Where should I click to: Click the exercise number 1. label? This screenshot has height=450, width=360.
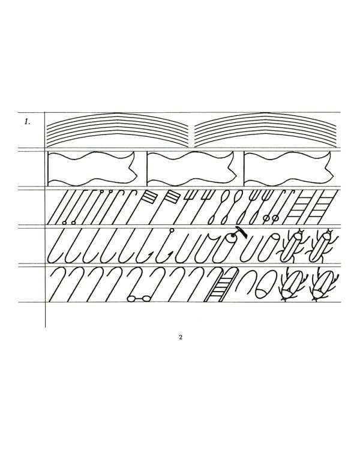(27, 122)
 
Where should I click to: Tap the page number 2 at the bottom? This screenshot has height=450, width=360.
(181, 337)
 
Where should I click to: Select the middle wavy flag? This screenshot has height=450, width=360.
(191, 168)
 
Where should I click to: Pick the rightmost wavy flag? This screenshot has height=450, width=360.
(288, 168)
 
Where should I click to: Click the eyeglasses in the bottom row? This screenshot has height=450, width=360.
(139, 299)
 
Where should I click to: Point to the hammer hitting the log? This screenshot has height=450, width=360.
(241, 232)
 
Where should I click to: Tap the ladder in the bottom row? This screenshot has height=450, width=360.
(221, 285)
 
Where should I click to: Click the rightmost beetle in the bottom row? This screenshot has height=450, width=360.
(324, 285)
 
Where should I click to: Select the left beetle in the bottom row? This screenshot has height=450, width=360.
(293, 285)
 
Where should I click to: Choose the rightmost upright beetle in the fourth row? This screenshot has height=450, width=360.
(322, 245)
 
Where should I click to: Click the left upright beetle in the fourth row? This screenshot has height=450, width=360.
(293, 245)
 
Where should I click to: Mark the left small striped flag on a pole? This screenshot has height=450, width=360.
(150, 197)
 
